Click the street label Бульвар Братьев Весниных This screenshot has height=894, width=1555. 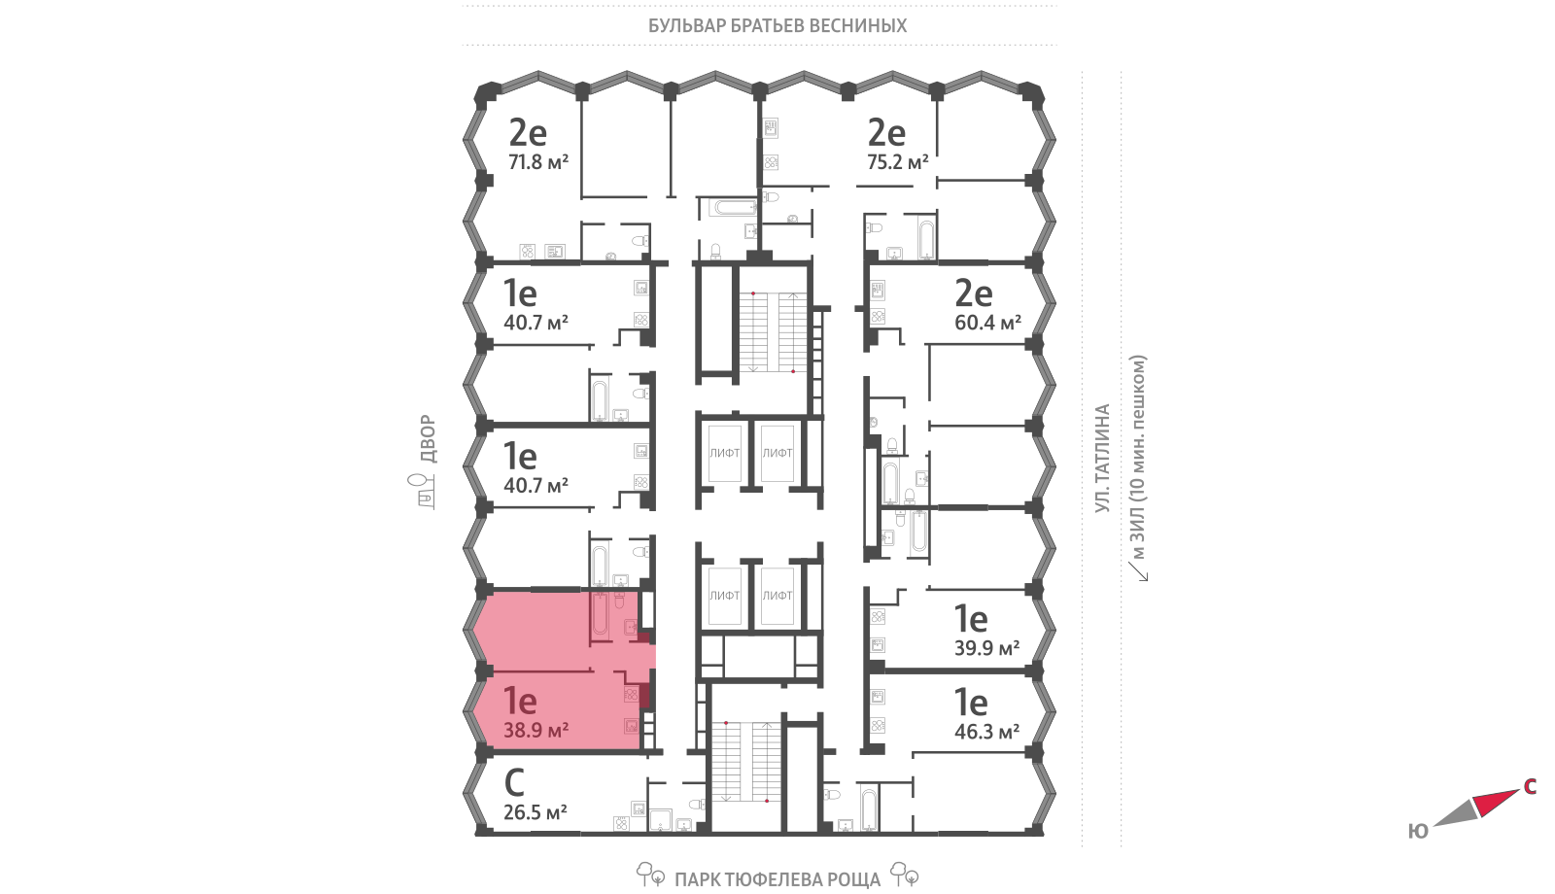pyautogui.click(x=777, y=25)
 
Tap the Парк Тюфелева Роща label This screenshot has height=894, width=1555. pyautogui.click(x=777, y=879)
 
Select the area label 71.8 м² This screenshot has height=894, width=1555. pyautogui.click(x=538, y=162)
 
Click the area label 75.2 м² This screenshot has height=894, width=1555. pyautogui.click(x=898, y=162)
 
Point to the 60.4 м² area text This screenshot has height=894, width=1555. pyautogui.click(x=987, y=323)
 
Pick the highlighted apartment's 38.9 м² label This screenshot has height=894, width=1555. pyautogui.click(x=536, y=730)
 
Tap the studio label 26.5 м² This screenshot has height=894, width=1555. pyautogui.click(x=536, y=812)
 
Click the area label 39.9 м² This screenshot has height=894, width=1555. pyautogui.click(x=986, y=648)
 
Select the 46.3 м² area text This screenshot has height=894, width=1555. pyautogui.click(x=986, y=732)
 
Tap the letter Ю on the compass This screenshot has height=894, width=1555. pyautogui.click(x=1418, y=832)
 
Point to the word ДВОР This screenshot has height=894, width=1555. pyautogui.click(x=429, y=438)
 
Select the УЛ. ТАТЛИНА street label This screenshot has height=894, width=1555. pyautogui.click(x=1102, y=458)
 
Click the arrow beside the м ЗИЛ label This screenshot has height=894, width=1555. pyautogui.click(x=1138, y=570)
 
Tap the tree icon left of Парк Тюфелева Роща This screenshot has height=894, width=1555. pyautogui.click(x=650, y=874)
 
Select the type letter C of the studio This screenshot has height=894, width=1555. pyautogui.click(x=514, y=782)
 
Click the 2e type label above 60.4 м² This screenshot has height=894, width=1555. pyautogui.click(x=973, y=293)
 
